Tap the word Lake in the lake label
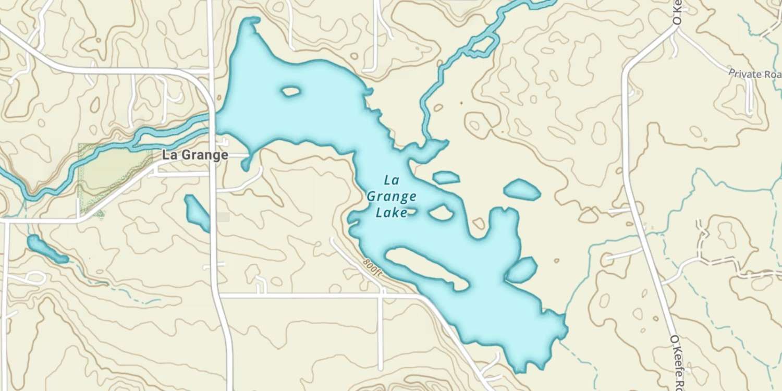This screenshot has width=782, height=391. click(392, 213)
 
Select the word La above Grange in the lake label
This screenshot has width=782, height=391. click(391, 180)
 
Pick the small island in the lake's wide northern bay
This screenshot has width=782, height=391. click(291, 92)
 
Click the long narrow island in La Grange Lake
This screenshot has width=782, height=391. click(426, 268)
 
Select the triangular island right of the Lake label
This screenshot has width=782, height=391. click(441, 212)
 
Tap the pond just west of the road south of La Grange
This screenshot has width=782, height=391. click(197, 212)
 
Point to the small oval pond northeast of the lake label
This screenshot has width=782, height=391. click(446, 178)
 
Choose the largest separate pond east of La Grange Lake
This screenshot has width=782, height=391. click(522, 190)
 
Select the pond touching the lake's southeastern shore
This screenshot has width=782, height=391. click(522, 270)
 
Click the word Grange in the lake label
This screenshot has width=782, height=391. click(392, 197)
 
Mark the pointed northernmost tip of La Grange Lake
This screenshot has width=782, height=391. click(254, 20)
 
